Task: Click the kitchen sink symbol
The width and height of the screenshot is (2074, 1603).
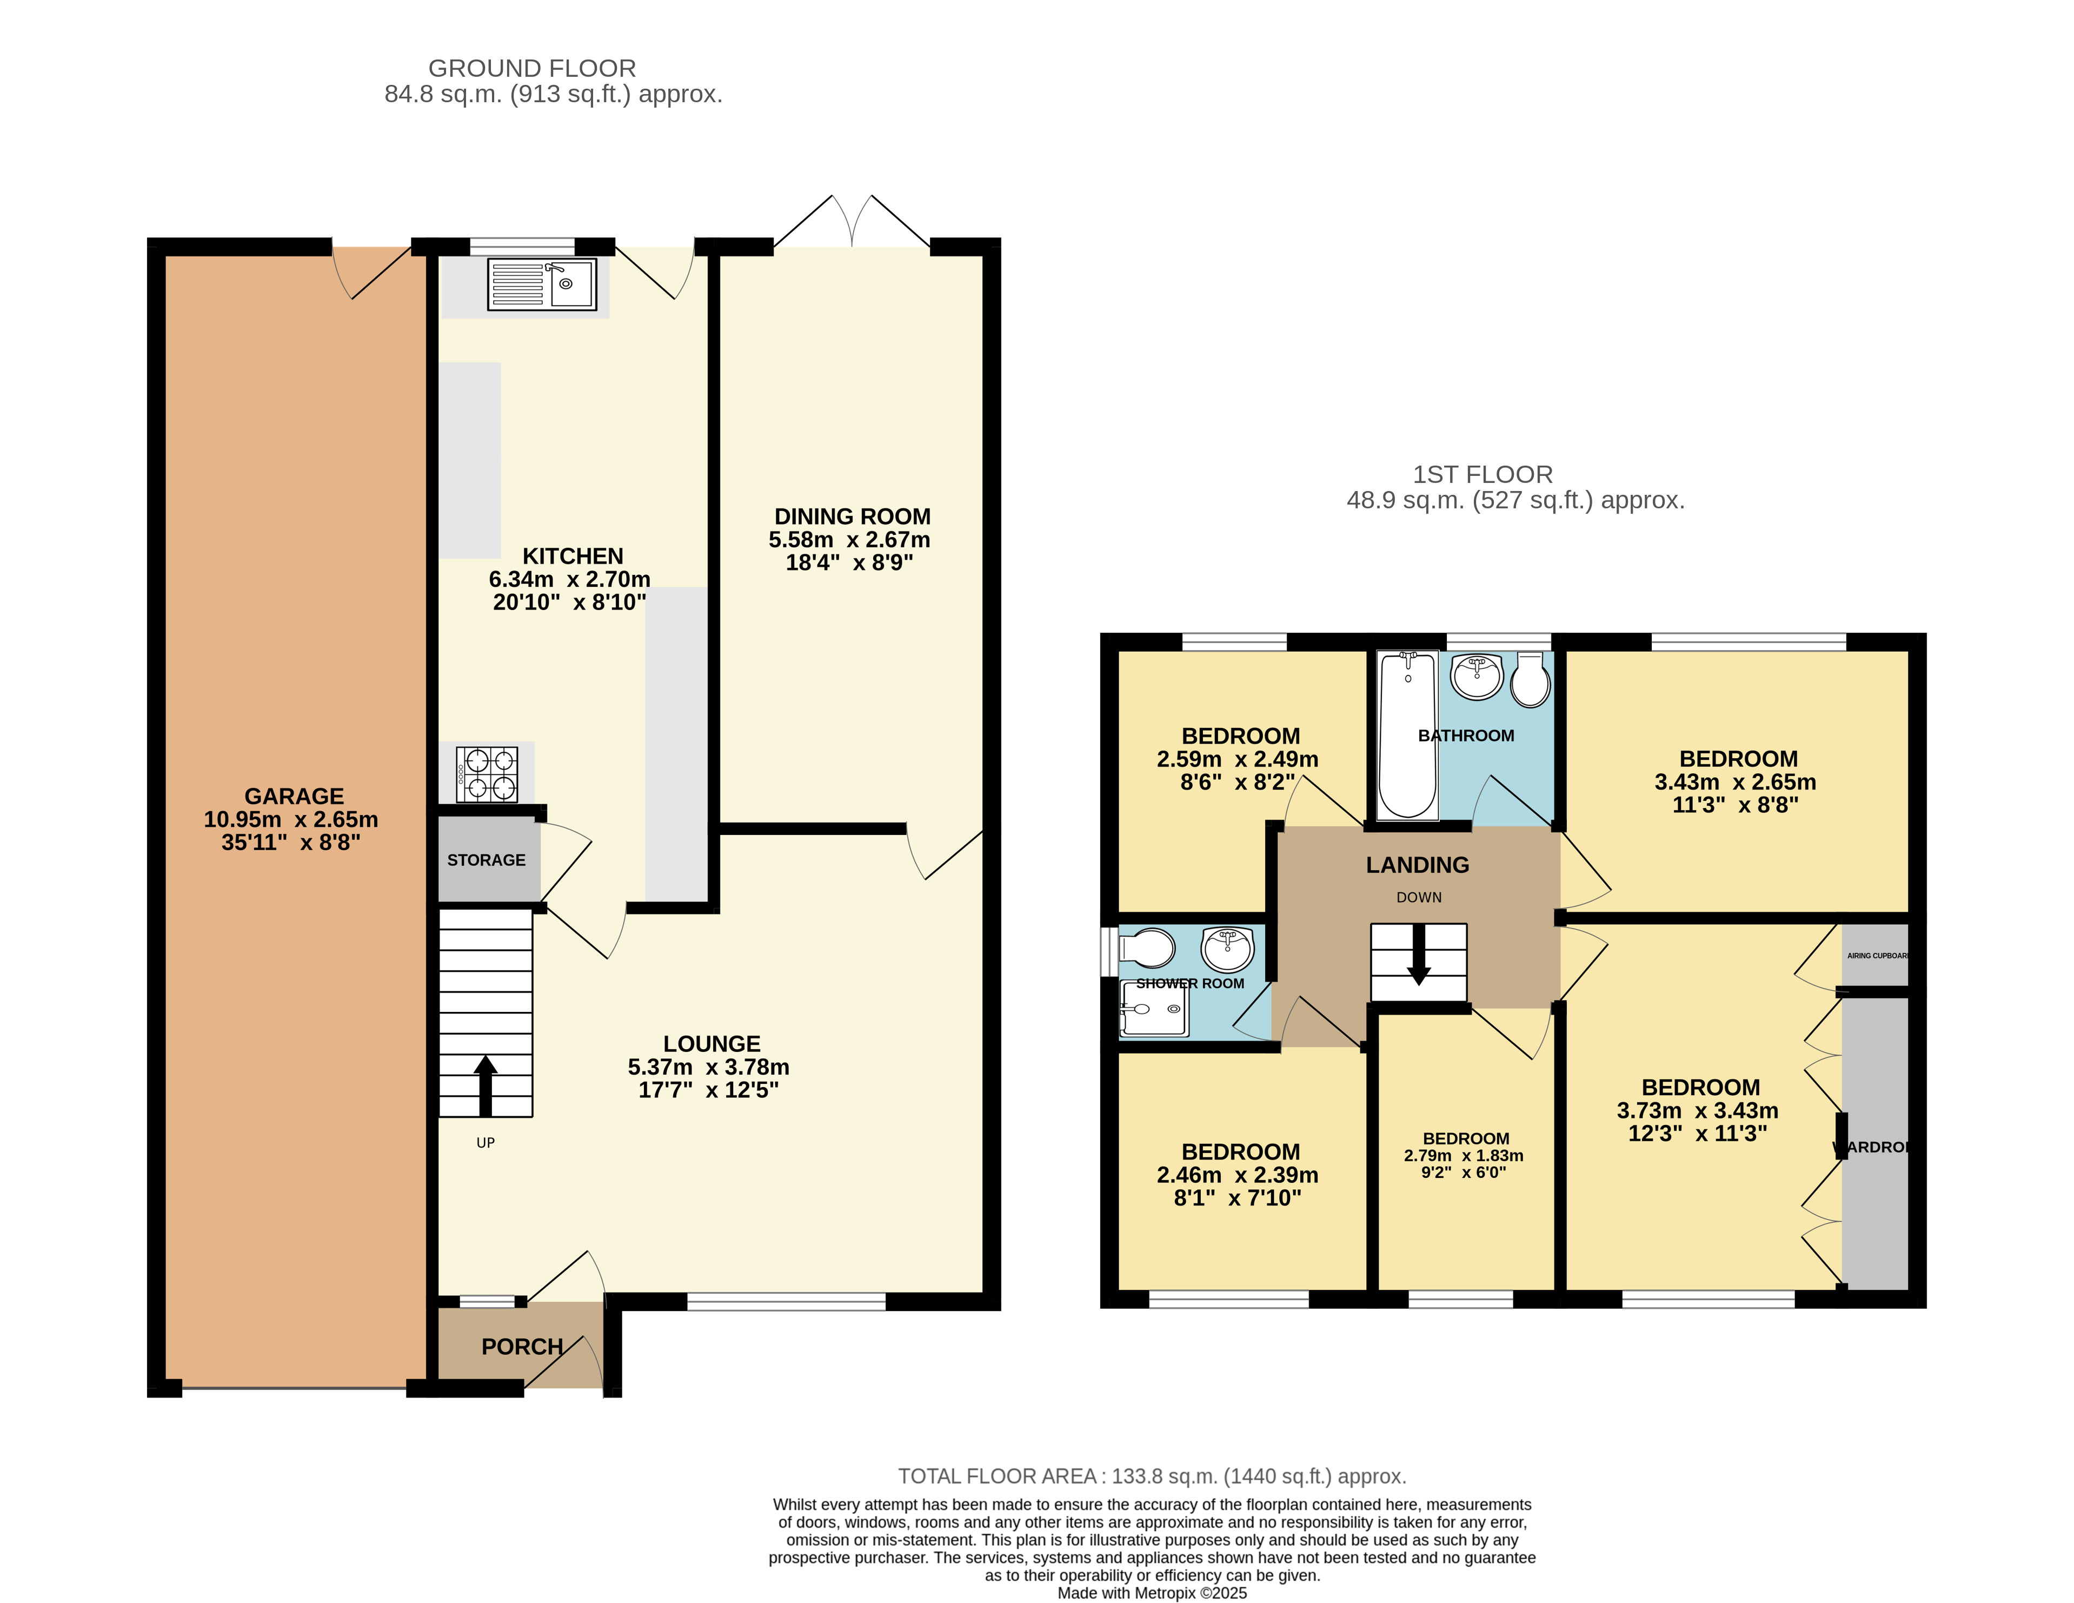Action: pyautogui.click(x=541, y=284)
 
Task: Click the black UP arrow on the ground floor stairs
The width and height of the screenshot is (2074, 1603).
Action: pyautogui.click(x=486, y=1085)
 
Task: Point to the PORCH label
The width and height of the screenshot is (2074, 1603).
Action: pyautogui.click(x=522, y=1347)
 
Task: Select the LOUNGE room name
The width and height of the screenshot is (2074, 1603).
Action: pyautogui.click(x=712, y=1044)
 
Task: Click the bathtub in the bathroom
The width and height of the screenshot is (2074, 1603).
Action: pyautogui.click(x=1407, y=734)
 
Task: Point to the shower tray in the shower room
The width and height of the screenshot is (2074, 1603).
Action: pyautogui.click(x=1154, y=1008)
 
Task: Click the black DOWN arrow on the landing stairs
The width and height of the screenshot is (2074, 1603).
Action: pyautogui.click(x=1419, y=955)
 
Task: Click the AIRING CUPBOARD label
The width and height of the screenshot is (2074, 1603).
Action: pyautogui.click(x=1877, y=955)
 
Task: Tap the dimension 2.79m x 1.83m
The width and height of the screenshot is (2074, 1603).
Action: pyautogui.click(x=1464, y=1156)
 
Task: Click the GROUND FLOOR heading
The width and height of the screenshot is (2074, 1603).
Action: pyautogui.click(x=532, y=68)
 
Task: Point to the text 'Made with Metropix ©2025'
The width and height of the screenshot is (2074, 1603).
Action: pyautogui.click(x=1152, y=1593)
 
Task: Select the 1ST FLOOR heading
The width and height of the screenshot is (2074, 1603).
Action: pyautogui.click(x=1483, y=475)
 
